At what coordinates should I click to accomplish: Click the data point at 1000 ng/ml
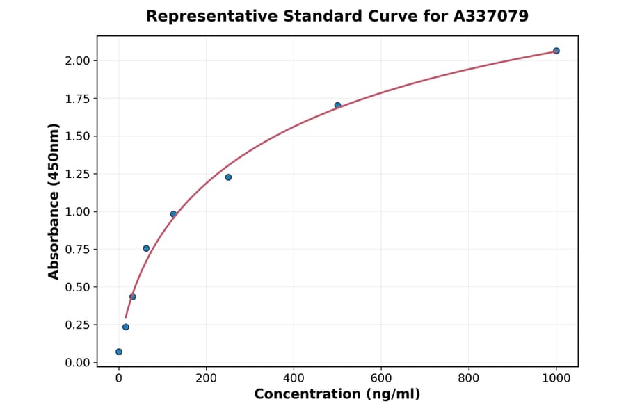tap(556, 51)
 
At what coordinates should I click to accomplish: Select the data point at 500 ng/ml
tap(337, 106)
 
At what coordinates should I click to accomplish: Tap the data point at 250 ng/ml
tap(228, 177)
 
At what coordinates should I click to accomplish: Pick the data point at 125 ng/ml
tap(173, 214)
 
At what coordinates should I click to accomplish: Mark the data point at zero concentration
tap(119, 352)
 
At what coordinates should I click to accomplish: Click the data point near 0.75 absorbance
tap(146, 248)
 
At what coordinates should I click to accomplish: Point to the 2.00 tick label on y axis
tap(78, 61)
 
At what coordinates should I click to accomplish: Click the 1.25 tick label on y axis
tap(78, 174)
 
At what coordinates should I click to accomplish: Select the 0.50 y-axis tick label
tap(78, 287)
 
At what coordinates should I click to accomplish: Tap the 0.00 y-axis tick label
tap(78, 362)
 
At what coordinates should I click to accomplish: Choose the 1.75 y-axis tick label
tap(78, 99)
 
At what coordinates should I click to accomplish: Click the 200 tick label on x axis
tap(206, 379)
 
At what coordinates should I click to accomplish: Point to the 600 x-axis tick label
tap(381, 379)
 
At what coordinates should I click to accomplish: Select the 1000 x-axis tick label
tap(556, 379)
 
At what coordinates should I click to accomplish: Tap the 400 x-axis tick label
tap(294, 379)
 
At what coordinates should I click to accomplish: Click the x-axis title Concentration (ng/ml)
tap(337, 395)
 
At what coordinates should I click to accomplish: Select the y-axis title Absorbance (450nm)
tap(54, 202)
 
